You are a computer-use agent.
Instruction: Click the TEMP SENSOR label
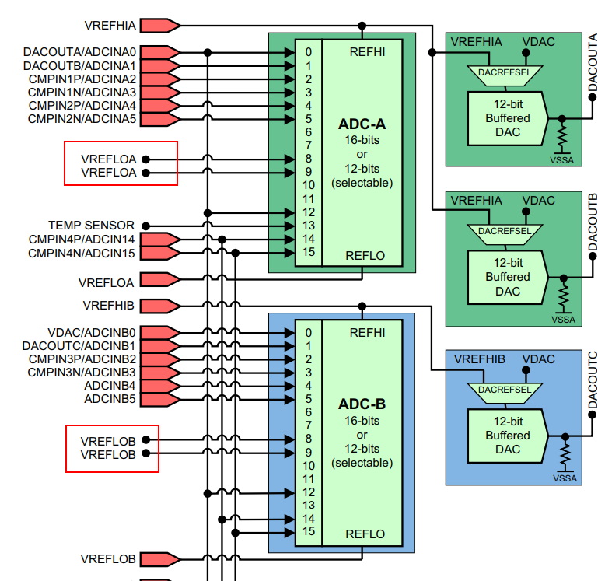click(x=91, y=225)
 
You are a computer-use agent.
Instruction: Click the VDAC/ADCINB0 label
click(x=92, y=332)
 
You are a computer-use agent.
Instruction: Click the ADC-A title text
click(x=362, y=124)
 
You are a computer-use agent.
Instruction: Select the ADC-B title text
click(x=362, y=404)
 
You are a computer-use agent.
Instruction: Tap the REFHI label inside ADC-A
click(x=367, y=52)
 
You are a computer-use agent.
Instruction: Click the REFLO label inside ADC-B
click(x=366, y=534)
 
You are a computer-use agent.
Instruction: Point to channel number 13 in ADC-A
click(x=309, y=225)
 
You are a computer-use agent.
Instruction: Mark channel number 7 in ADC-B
click(x=309, y=425)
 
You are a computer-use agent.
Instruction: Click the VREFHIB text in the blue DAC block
click(x=479, y=359)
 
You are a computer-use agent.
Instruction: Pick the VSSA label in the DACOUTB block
click(x=565, y=320)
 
